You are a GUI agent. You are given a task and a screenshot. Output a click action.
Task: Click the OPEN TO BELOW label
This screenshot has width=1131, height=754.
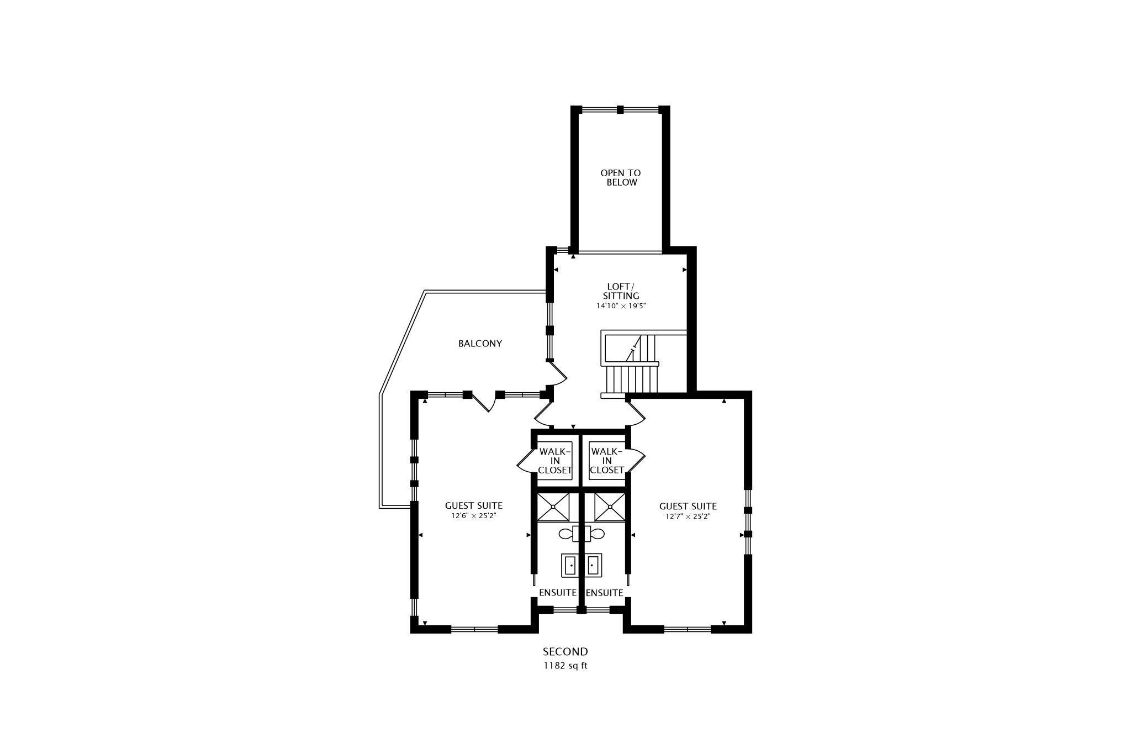pyautogui.click(x=621, y=178)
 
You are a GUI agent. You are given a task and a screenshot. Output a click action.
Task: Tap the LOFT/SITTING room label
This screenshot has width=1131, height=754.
pyautogui.click(x=621, y=291)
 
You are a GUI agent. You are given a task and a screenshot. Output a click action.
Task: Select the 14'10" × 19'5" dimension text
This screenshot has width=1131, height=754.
pyautogui.click(x=621, y=305)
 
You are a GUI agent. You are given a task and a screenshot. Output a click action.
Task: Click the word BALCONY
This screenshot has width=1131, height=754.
pyautogui.click(x=480, y=344)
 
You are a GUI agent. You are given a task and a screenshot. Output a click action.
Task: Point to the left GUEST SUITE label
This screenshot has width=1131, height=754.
pyautogui.click(x=474, y=505)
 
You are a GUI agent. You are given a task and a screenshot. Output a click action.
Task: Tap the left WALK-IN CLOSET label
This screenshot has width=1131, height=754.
pyautogui.click(x=555, y=461)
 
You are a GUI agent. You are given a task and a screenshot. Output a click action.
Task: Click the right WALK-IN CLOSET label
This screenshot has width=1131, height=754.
pyautogui.click(x=607, y=461)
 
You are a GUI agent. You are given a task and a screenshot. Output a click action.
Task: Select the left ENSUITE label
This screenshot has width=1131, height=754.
pyautogui.click(x=558, y=593)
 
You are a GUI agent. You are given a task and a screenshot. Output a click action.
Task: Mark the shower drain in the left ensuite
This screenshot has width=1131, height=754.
pyautogui.click(x=553, y=507)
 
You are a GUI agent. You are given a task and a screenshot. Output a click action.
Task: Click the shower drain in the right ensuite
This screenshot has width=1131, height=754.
pyautogui.click(x=610, y=507)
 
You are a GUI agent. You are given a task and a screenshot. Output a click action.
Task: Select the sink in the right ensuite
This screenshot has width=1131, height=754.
pyautogui.click(x=593, y=566)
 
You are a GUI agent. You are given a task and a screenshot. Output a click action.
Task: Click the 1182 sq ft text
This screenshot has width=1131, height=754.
pyautogui.click(x=565, y=666)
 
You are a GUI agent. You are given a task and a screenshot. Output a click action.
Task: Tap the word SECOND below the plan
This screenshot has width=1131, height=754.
pyautogui.click(x=565, y=652)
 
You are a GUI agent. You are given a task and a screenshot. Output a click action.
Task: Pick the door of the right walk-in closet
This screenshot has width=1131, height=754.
pyautogui.click(x=636, y=461)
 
